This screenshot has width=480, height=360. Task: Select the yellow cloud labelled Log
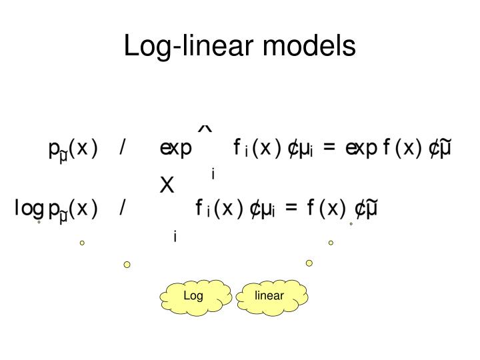(195, 296)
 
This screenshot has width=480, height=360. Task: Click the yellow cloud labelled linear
(269, 296)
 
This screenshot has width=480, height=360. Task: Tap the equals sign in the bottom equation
(289, 209)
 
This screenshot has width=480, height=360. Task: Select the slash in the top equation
(123, 148)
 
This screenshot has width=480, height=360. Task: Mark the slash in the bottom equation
(123, 209)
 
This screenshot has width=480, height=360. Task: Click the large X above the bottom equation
(167, 186)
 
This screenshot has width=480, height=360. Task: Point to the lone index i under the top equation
(213, 175)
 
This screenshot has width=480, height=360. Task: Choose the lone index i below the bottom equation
(175, 236)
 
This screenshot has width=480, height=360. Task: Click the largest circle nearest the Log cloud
(127, 265)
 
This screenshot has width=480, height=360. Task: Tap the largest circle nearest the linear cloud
(309, 263)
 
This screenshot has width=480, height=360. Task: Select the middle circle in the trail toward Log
(82, 243)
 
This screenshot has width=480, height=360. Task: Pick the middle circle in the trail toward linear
(331, 243)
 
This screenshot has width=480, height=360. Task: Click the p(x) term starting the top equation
(73, 149)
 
